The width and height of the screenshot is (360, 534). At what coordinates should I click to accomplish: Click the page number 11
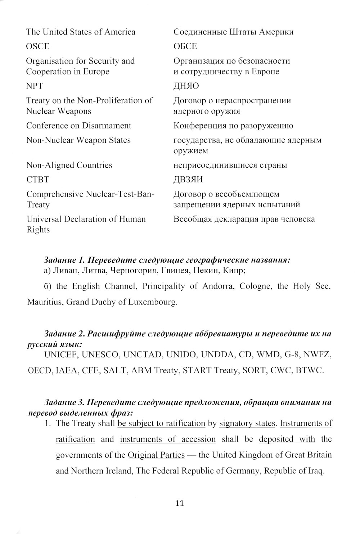pos(180,503)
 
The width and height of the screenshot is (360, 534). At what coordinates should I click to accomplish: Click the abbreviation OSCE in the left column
pos(37,46)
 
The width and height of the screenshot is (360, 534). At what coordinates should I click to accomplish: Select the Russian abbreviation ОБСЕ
pos(185,46)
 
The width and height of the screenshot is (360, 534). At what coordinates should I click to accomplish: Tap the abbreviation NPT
pos(35,86)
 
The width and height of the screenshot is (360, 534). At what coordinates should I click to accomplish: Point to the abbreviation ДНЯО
pos(186,86)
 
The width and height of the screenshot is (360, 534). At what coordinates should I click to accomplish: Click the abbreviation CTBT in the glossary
pos(37,180)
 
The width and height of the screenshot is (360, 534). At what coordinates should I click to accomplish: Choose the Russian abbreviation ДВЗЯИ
pos(188,180)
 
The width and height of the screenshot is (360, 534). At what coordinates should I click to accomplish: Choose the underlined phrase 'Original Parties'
pos(156,455)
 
